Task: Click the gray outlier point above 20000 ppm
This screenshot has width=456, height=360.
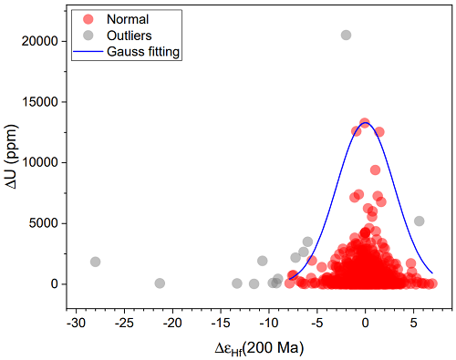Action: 346,35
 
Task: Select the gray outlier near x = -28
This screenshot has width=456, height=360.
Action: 95,262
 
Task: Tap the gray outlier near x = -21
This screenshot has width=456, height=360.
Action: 160,283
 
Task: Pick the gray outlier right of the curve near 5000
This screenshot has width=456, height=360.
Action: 420,221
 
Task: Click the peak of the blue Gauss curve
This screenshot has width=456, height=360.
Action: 365,123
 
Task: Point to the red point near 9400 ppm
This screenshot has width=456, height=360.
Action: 375,170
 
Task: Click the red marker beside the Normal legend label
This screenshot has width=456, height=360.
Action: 88,19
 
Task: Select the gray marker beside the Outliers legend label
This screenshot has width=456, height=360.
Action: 88,36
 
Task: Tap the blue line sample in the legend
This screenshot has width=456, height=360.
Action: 88,52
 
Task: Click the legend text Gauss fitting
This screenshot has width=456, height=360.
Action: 143,52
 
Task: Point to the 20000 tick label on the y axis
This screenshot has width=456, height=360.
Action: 40,41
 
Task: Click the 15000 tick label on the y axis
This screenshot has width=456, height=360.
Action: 40,102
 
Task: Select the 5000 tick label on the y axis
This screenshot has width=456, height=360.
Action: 44,223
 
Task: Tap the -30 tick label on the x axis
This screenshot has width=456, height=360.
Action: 76,323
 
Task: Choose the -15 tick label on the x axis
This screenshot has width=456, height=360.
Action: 221,323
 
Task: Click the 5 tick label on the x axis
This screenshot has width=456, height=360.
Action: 413,323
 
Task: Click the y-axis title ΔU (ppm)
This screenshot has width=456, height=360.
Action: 13,157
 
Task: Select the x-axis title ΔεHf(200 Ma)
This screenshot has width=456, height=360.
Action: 259,348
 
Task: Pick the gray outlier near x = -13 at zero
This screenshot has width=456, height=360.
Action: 237,283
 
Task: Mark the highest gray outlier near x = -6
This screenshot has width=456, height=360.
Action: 307,242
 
